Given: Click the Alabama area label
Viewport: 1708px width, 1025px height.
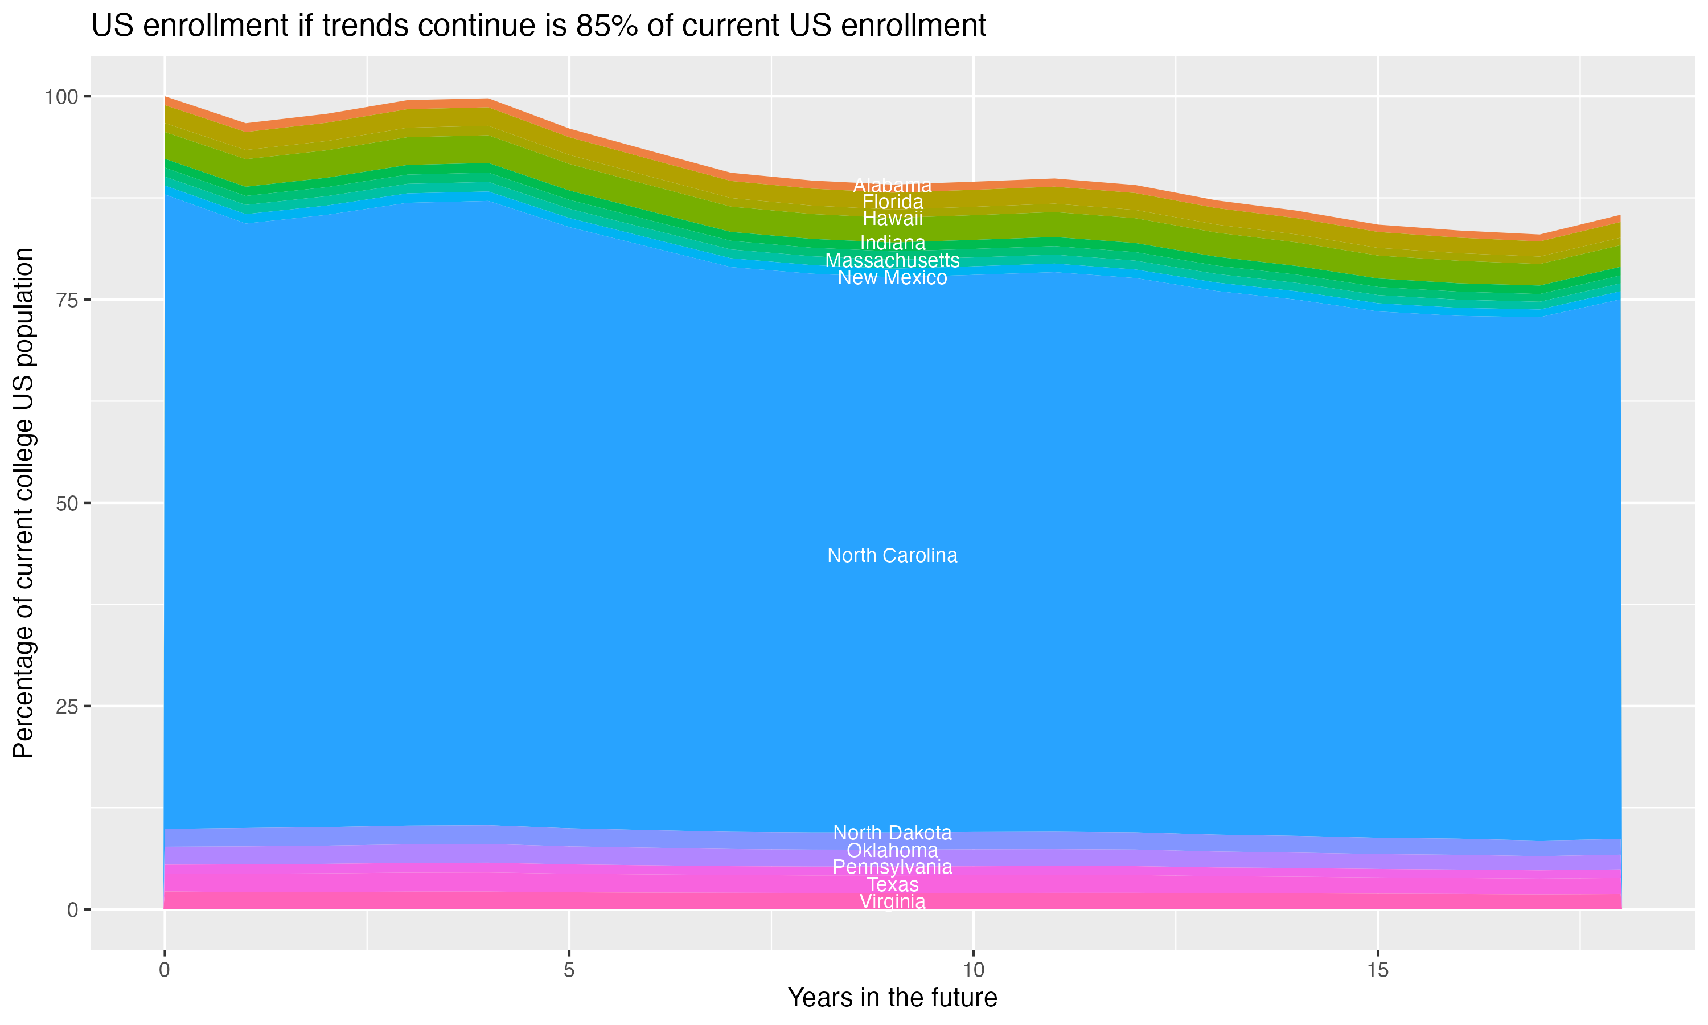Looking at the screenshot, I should click(x=892, y=185).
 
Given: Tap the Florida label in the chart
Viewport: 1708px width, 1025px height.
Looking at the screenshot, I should click(x=892, y=202).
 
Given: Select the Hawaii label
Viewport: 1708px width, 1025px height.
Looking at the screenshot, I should click(x=892, y=218).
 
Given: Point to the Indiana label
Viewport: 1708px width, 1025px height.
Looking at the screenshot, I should click(x=892, y=243).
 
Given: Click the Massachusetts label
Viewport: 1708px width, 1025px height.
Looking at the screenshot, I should click(x=892, y=260).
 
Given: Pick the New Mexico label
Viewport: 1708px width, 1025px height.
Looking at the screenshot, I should click(x=892, y=278).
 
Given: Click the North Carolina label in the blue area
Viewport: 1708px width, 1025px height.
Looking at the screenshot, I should click(x=892, y=555).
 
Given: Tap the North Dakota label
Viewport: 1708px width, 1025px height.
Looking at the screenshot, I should click(x=892, y=833).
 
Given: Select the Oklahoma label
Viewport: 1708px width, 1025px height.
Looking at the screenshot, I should click(x=892, y=850).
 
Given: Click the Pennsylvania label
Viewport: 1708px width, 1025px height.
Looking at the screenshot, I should click(x=892, y=867).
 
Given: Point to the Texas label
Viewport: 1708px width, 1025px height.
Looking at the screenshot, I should click(x=892, y=885).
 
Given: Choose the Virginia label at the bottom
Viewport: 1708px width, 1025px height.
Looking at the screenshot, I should click(x=892, y=902).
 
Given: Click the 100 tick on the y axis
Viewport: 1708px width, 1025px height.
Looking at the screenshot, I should click(x=61, y=97).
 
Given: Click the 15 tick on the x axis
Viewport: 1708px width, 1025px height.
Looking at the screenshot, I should click(x=1377, y=970).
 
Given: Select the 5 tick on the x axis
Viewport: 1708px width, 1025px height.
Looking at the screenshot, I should click(x=569, y=970).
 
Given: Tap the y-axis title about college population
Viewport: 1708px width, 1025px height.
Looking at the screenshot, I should click(x=23, y=503).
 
